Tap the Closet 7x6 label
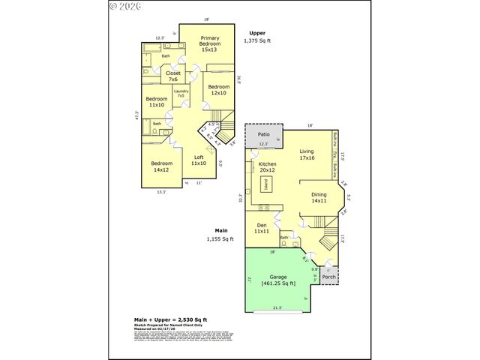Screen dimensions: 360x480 click(x=172, y=76)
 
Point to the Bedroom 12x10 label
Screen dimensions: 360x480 click(x=218, y=90)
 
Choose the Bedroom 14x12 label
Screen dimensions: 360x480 click(x=162, y=166)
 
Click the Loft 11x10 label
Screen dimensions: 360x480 click(x=199, y=160)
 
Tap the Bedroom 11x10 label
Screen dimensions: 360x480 click(x=156, y=103)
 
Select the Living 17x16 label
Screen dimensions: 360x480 click(x=306, y=155)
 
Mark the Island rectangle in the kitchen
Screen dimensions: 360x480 click(x=265, y=186)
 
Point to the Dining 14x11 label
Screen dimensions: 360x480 click(x=319, y=197)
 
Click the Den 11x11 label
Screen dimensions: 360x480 click(x=261, y=229)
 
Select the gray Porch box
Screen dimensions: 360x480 click(x=328, y=277)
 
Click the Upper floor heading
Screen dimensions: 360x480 click(x=257, y=34)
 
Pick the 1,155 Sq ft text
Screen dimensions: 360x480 click(x=220, y=239)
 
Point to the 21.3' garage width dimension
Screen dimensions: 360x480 click(x=277, y=307)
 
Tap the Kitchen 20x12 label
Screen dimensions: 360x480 click(x=268, y=167)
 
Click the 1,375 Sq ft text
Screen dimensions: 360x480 click(x=257, y=41)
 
